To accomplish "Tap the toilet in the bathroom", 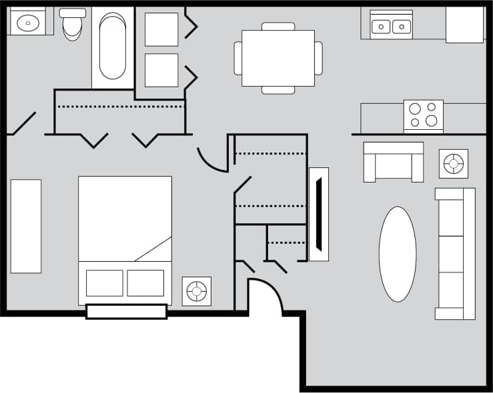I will [x=72, y=25].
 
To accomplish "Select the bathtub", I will [x=113, y=47].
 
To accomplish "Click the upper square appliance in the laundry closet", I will [x=161, y=29].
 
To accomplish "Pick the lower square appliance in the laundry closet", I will [x=161, y=70].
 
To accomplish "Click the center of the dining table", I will [x=278, y=58].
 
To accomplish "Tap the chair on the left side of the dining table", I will [x=238, y=58].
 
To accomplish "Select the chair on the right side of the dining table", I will [x=318, y=58].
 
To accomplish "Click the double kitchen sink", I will [x=391, y=26].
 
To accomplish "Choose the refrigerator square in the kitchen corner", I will [x=464, y=25].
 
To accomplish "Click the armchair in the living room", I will [x=394, y=162].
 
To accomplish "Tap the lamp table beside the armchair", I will [x=454, y=163].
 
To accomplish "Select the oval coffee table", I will [x=398, y=254].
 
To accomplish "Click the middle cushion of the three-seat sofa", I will [x=455, y=254].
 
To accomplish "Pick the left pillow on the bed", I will [x=105, y=283].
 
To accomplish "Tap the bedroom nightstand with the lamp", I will [x=197, y=291].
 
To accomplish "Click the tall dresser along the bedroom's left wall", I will [x=26, y=226].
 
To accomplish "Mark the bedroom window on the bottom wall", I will [x=127, y=312].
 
